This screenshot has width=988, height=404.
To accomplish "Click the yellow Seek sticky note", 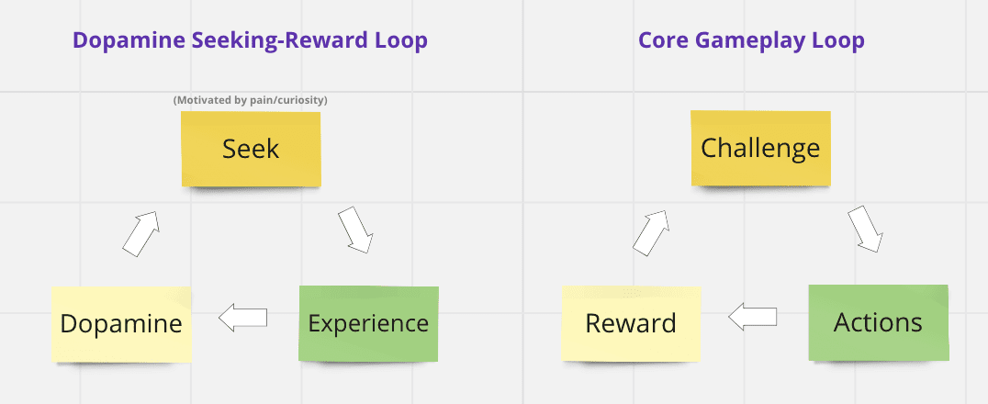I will coord(251,149).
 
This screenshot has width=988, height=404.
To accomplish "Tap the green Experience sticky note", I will coord(368,323).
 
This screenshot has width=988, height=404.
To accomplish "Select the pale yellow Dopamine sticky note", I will coord(120,323).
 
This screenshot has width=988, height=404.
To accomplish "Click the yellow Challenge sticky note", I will coord(760,148).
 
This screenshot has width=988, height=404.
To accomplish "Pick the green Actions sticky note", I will coord(878,322).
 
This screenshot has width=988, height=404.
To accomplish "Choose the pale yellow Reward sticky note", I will coord(631,322).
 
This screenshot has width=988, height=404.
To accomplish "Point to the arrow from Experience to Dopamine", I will coord(243,319).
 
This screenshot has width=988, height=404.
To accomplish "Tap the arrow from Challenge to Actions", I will coord(865,229).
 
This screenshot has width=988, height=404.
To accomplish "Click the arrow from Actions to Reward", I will coord(753,318).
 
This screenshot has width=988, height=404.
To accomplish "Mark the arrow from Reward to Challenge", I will coord(651,231).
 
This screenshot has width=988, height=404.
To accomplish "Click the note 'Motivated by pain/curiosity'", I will coord(251,99).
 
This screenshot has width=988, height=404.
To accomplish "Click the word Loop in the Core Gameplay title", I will coord(840,40).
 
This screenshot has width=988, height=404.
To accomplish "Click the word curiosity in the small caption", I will coord(304,99).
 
